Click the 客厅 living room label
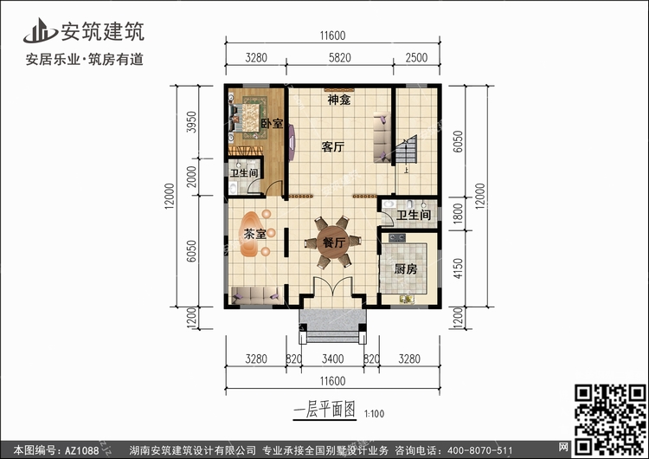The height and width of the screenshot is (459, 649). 333,146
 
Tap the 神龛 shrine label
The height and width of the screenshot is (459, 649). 339,100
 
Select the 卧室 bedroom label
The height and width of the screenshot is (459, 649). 272,123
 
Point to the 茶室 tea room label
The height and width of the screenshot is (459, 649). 254,234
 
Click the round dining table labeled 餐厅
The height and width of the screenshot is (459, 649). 333,242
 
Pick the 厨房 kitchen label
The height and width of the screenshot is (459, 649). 405,269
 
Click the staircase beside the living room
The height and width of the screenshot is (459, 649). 406,149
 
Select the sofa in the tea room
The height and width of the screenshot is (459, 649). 257,295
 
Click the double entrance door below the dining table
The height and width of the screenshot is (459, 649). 333,286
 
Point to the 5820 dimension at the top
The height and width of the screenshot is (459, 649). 340,57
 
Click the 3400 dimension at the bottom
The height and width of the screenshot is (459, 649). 333,359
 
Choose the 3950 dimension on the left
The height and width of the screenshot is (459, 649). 191,122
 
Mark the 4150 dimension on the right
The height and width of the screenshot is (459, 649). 458,268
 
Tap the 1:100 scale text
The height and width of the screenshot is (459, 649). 374,414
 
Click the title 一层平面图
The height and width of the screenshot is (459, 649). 324,410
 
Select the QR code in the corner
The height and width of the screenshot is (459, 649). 610,419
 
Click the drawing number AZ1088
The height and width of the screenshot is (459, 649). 81,450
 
